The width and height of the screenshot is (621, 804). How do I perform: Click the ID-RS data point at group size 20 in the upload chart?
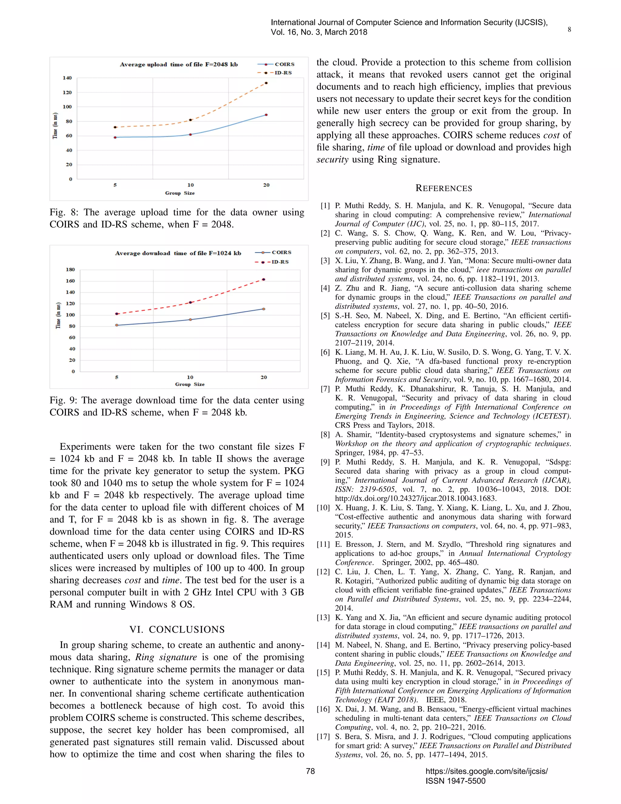(x=266, y=83)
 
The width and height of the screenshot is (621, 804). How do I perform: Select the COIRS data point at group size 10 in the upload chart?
(x=190, y=134)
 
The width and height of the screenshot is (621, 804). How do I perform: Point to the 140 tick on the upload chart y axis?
(x=67, y=78)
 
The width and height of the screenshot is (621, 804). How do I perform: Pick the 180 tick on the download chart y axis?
(x=70, y=269)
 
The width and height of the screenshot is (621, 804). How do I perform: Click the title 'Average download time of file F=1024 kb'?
(x=178, y=253)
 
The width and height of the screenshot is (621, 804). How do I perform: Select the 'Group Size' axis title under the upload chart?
(x=180, y=193)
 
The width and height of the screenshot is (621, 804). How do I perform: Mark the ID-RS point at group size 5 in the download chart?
(x=117, y=314)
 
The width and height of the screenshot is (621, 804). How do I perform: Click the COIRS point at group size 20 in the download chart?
(x=264, y=309)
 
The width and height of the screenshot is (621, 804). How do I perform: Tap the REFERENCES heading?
(x=444, y=188)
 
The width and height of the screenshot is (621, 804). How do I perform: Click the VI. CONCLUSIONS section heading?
(x=177, y=630)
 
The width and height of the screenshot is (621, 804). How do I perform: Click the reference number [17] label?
(x=323, y=737)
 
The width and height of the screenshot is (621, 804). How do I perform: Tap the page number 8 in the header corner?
(x=569, y=30)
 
